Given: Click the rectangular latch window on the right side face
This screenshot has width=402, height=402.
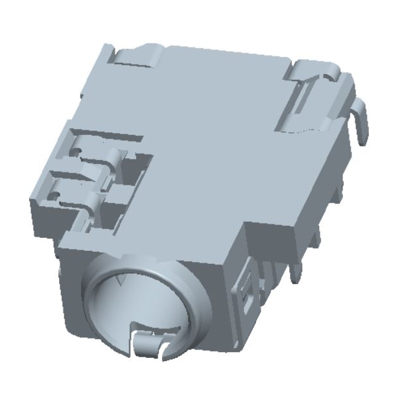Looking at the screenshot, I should tap(247, 289).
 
